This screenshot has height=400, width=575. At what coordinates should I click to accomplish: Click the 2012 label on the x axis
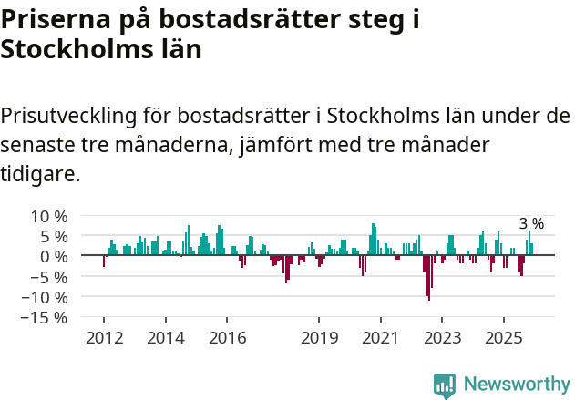103,337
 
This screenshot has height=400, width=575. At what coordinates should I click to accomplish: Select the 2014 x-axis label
165,337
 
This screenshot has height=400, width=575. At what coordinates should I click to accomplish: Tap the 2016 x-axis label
227,337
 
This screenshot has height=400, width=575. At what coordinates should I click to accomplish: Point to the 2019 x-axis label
319,337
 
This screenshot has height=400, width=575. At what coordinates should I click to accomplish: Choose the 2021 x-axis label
381,337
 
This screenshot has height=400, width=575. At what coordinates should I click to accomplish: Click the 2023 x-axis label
442,337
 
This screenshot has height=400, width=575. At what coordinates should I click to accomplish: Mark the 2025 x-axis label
504,337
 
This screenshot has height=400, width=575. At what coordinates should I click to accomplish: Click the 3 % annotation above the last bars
531,223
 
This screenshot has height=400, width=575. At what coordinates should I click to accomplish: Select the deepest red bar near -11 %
429,282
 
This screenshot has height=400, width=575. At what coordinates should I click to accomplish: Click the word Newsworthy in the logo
517,384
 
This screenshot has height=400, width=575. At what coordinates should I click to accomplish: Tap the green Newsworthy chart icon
445,385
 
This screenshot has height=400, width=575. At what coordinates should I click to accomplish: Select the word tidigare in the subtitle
41,173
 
